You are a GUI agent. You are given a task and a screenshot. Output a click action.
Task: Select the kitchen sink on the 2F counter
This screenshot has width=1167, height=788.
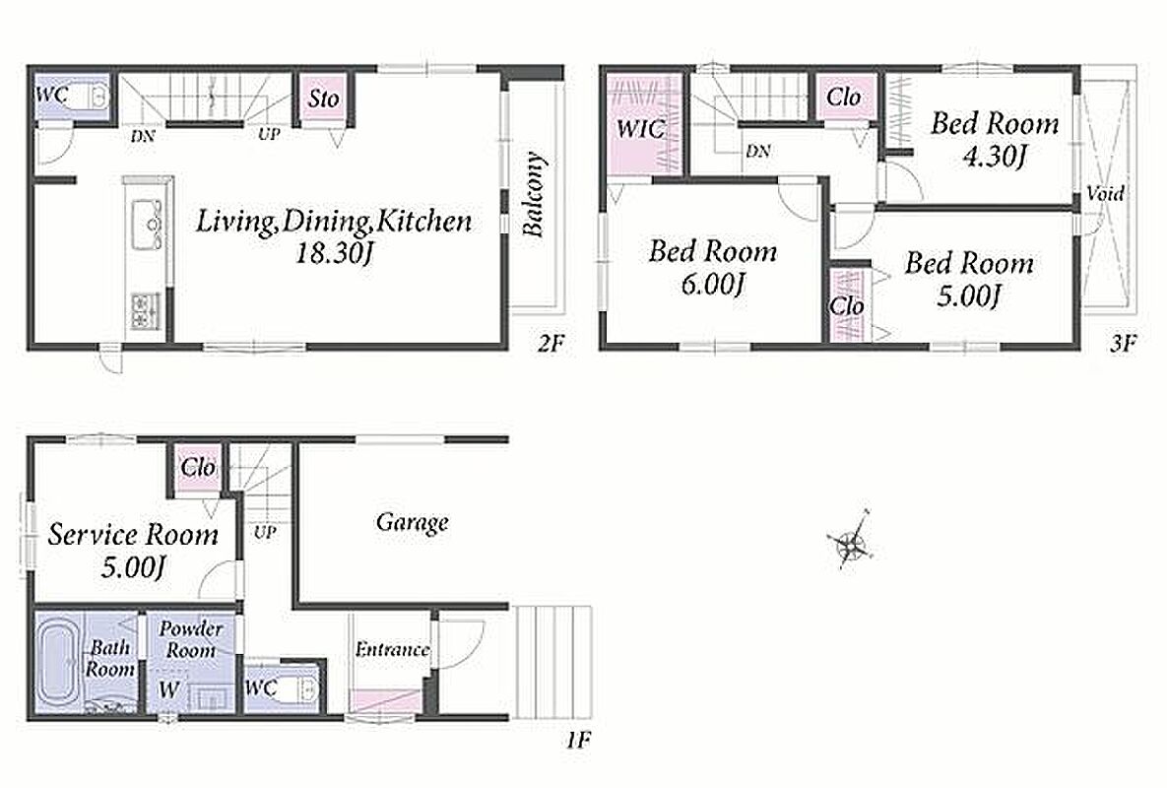point(147,224)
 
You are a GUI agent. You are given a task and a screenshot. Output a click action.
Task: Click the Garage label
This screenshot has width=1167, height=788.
point(412,522)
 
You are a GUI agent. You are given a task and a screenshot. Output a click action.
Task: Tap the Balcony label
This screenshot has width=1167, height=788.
point(534,194)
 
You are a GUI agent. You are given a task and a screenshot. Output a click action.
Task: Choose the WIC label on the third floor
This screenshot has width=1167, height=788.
point(640,129)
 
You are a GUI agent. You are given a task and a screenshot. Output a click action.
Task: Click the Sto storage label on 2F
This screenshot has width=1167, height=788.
point(324,98)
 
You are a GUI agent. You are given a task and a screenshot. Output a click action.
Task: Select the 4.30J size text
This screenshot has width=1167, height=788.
point(995,157)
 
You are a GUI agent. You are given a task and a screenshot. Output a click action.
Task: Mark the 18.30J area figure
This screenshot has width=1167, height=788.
point(334,254)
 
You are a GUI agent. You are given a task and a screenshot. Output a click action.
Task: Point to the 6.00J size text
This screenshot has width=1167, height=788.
point(712,284)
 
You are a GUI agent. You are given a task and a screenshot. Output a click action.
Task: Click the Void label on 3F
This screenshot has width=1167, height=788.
point(1105,194)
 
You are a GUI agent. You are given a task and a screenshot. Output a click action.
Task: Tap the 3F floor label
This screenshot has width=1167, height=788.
point(1124,343)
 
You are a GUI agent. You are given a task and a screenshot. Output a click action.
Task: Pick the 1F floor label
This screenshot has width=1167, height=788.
point(578,740)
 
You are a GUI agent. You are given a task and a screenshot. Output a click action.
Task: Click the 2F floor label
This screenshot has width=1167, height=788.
point(551,343)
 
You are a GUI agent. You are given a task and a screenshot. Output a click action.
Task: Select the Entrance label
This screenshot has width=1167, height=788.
point(392,649)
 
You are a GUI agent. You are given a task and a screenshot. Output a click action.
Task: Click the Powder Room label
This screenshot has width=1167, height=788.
point(190,639)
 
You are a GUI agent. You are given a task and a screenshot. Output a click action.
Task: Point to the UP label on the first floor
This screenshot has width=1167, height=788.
point(265,532)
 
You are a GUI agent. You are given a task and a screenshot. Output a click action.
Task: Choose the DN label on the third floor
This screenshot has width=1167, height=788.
point(757,151)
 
